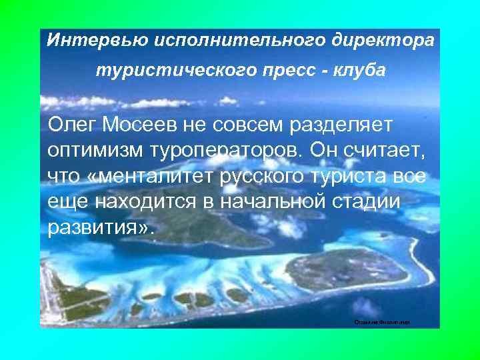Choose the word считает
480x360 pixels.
click(391, 150)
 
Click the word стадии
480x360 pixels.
click(369, 202)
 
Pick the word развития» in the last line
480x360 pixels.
click(100, 229)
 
